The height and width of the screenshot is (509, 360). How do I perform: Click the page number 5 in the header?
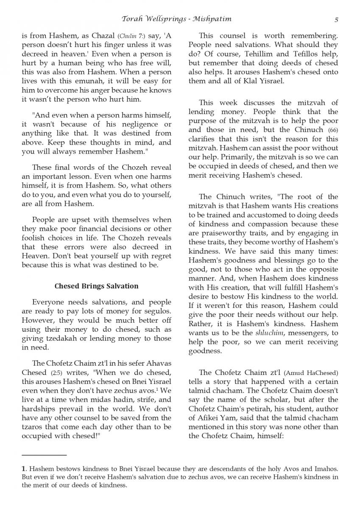[x=336, y=19]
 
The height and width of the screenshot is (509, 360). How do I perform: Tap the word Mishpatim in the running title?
[x=212, y=19]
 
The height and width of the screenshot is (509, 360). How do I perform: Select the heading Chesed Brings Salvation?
[x=96, y=286]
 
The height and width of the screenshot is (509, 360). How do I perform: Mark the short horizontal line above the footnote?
[x=44, y=455]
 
